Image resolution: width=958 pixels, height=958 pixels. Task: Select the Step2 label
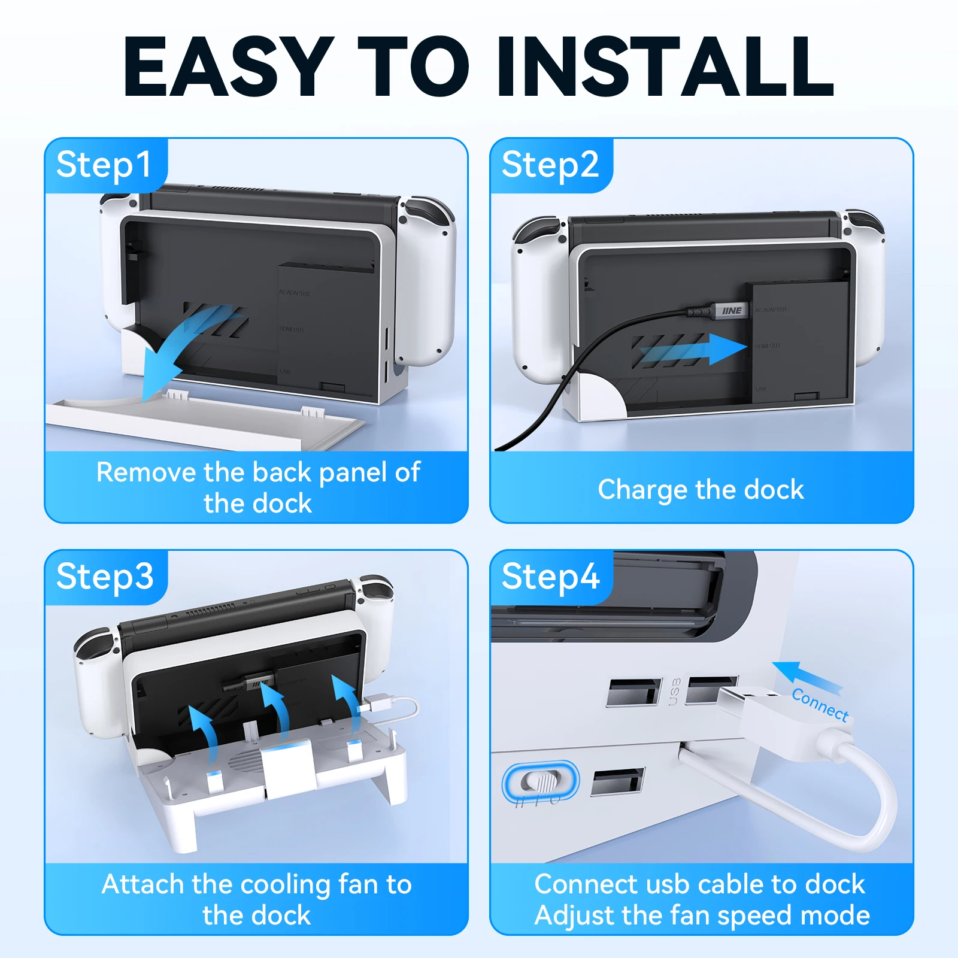(550, 165)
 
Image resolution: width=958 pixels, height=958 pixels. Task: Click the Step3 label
(105, 577)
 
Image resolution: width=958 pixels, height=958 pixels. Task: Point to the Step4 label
(550, 577)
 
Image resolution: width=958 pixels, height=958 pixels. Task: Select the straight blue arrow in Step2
(695, 350)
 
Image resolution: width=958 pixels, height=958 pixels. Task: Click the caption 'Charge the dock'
(701, 490)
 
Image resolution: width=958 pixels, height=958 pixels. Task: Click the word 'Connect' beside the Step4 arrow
(820, 705)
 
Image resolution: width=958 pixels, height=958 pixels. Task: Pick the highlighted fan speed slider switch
(541, 782)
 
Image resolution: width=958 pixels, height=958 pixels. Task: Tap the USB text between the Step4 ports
(674, 692)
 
